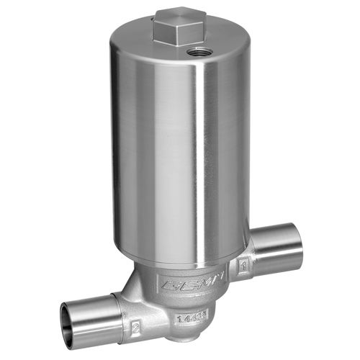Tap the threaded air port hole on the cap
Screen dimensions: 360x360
pos(197,52)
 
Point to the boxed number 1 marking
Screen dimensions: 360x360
pos(243,266)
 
